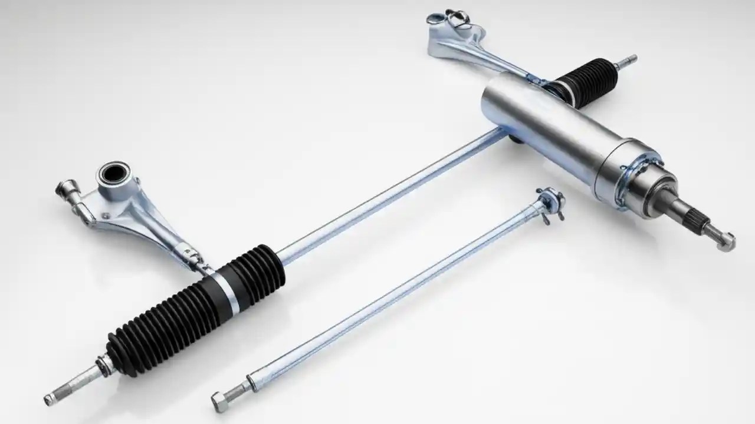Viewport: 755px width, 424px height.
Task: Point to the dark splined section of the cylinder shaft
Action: click(694, 217)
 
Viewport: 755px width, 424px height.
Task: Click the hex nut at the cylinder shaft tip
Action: click(726, 241)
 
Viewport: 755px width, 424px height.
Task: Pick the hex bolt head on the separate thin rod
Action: click(220, 401)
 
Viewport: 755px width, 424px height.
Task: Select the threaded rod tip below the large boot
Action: click(68, 386)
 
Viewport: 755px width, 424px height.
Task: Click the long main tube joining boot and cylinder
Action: click(389, 194)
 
